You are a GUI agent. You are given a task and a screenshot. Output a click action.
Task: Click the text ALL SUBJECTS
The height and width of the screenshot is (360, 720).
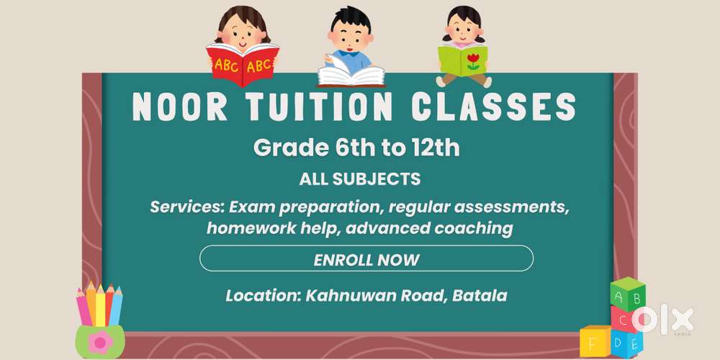(x=359, y=179)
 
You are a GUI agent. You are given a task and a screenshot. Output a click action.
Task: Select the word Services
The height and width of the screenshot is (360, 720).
(x=186, y=208)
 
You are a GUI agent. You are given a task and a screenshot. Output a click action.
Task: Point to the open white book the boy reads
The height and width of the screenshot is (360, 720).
(x=351, y=76)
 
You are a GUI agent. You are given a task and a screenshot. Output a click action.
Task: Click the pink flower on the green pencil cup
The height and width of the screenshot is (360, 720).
(x=99, y=341)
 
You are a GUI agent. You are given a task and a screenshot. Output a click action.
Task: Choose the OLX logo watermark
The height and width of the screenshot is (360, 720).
(x=665, y=319)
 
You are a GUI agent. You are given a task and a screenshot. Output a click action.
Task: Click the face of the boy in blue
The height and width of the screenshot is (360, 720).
(x=348, y=33)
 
